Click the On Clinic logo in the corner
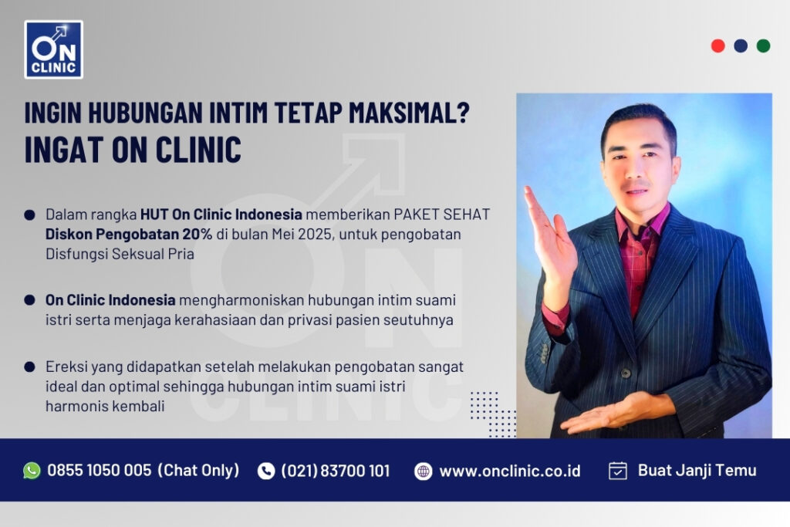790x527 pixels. [53, 49]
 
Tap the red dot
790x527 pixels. [717, 46]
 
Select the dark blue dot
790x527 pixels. [741, 46]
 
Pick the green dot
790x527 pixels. [763, 46]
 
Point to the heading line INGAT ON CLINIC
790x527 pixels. [133, 149]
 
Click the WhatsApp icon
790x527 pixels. [32, 471]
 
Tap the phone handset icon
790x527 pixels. [266, 471]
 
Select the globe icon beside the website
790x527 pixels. [423, 471]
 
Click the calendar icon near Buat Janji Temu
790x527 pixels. [618, 471]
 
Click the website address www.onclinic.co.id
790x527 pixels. [510, 471]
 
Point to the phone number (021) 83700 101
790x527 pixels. [336, 471]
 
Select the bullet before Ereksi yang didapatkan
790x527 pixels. [29, 367]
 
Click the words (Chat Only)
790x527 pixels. [198, 471]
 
